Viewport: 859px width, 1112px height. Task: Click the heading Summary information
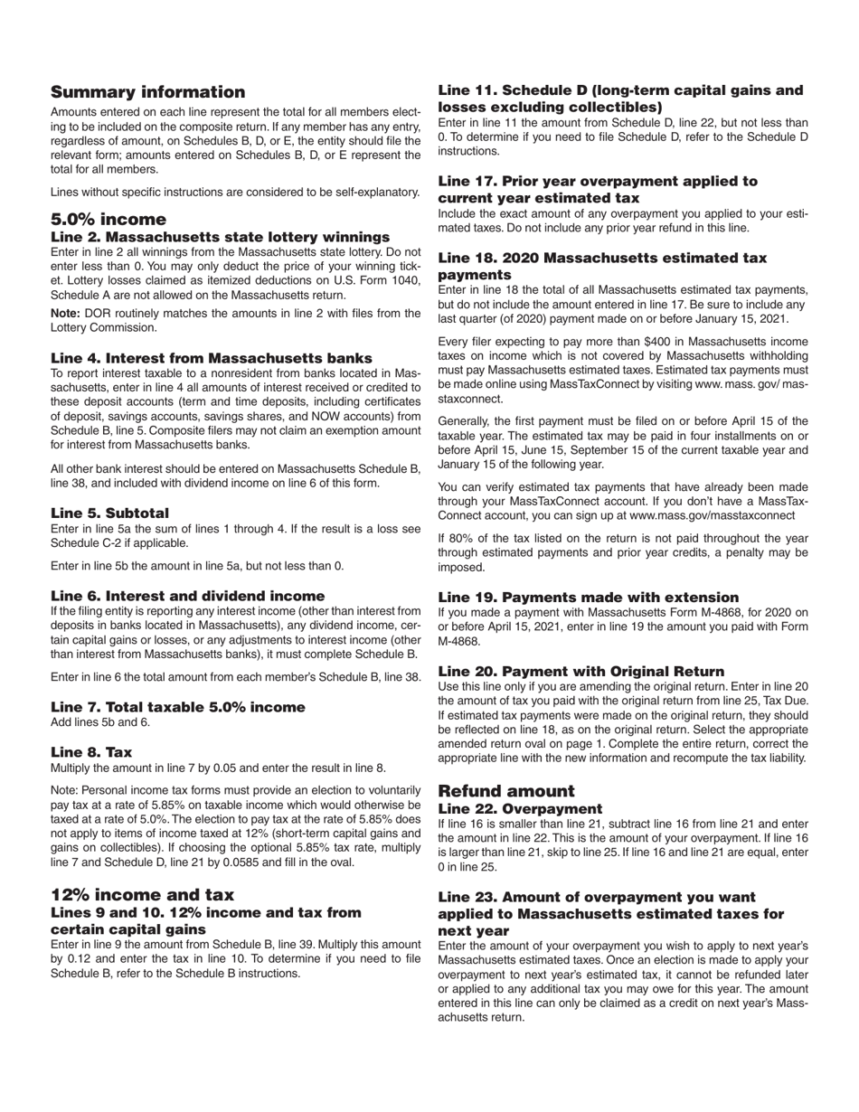147,92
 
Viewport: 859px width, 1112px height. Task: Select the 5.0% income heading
109,220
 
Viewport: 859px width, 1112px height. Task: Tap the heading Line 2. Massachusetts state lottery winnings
220,237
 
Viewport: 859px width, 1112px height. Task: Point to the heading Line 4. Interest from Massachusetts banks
211,359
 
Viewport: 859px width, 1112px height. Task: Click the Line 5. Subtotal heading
109,514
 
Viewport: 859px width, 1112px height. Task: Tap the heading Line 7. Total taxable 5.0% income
177,707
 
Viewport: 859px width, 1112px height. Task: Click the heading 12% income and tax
142,895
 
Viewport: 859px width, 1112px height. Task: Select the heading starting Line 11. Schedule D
620,99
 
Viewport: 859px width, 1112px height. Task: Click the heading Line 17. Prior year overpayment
598,189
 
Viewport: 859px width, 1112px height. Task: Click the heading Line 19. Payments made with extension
600,598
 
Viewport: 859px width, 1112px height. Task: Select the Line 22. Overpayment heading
519,809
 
